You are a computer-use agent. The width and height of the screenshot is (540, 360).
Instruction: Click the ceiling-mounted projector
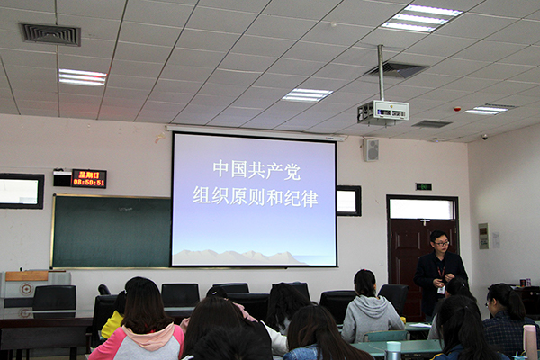point(383,112)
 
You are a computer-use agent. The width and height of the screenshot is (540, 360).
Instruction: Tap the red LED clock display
point(89,178)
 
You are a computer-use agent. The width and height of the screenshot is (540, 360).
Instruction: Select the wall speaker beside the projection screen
point(371,150)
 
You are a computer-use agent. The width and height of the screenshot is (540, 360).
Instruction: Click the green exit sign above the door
point(423,186)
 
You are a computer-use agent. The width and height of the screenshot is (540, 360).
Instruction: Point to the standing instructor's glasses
point(441,244)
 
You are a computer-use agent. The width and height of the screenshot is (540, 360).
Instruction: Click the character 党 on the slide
point(292,171)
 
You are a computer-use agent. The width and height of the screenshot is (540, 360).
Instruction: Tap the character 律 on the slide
point(310,198)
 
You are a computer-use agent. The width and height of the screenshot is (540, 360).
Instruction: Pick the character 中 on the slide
point(220,168)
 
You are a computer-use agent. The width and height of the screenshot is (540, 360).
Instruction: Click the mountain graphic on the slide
point(238,257)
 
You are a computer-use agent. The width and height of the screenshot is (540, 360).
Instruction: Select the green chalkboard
point(112,231)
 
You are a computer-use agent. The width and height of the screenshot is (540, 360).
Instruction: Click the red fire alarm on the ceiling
point(457,109)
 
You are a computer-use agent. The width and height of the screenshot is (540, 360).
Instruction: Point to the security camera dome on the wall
point(484,137)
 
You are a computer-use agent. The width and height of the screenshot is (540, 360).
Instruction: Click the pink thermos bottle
point(530,342)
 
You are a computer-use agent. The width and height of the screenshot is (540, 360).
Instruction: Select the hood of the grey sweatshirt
point(369,302)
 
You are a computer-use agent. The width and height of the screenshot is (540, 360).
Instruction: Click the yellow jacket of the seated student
point(112,325)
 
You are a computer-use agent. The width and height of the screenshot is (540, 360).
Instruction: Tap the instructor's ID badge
point(441,290)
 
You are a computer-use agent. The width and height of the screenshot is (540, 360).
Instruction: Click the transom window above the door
point(422,209)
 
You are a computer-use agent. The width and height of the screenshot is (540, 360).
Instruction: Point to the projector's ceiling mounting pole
point(381,73)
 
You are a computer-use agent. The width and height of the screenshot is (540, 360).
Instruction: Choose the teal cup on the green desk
point(393,350)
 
